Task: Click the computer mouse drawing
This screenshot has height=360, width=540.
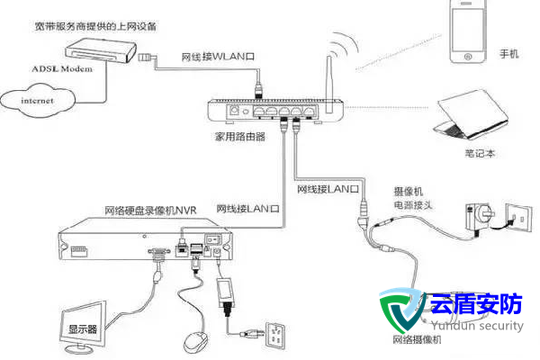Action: point(193,341)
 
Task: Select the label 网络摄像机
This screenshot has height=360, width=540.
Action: point(417,340)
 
